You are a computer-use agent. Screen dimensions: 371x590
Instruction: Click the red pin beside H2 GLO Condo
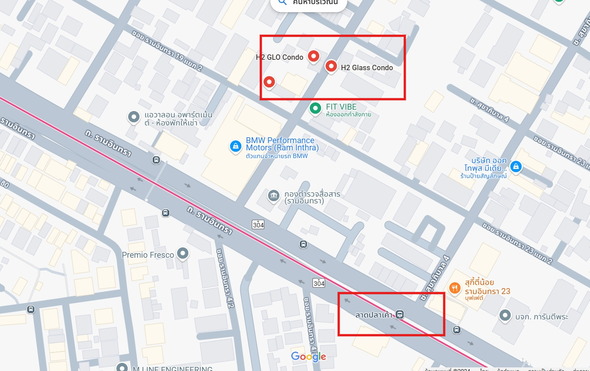coord(313,56)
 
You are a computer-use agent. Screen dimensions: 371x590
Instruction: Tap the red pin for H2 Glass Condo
coord(331,67)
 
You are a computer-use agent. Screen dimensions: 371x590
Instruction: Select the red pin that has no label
coord(269,82)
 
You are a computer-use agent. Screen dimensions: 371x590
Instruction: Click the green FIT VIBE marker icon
coord(315,108)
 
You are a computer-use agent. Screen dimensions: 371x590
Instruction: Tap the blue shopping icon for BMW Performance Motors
coord(235,146)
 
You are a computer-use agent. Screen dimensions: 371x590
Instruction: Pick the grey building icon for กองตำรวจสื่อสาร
coord(273,195)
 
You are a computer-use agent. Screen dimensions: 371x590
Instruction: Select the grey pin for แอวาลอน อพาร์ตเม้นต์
coord(134,117)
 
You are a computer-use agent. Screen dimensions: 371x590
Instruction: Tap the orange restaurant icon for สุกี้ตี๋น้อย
coord(454,288)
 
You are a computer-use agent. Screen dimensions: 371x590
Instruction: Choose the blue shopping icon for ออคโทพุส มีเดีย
coord(515,167)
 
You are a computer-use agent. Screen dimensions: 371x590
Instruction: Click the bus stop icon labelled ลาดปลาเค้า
coord(399,314)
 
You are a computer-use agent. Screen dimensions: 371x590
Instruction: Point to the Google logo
coord(308,357)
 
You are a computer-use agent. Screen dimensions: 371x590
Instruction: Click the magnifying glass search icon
coord(283,2)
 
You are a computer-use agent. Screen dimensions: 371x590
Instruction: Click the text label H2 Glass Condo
coord(367,67)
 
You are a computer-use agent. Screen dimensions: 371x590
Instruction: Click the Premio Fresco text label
coord(148,255)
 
